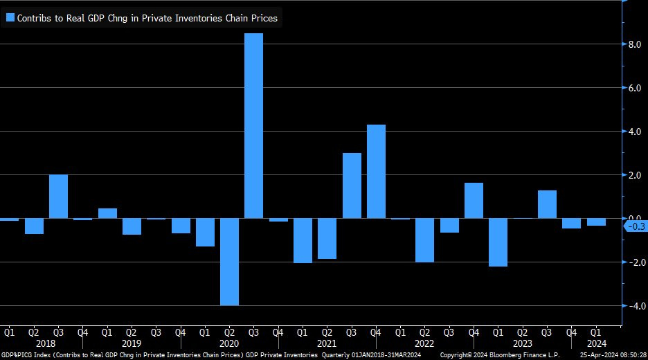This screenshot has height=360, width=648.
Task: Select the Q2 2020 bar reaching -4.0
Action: click(x=229, y=262)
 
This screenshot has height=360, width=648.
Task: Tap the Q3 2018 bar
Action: click(x=58, y=197)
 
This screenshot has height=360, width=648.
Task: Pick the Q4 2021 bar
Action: click(x=376, y=172)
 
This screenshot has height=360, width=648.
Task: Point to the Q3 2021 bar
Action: click(x=352, y=186)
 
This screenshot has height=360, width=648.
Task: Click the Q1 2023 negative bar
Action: click(x=498, y=242)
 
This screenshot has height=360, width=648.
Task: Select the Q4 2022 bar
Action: click(x=474, y=201)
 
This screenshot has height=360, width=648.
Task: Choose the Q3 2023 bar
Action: click(x=547, y=204)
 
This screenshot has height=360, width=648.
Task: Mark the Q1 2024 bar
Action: click(x=596, y=222)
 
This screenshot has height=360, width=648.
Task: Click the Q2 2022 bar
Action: click(x=425, y=240)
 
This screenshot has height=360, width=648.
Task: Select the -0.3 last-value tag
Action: click(x=636, y=226)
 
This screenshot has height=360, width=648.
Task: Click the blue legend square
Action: click(x=10, y=18)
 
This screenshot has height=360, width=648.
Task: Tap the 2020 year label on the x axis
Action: click(x=229, y=343)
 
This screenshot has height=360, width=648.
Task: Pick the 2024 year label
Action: click(x=596, y=343)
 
